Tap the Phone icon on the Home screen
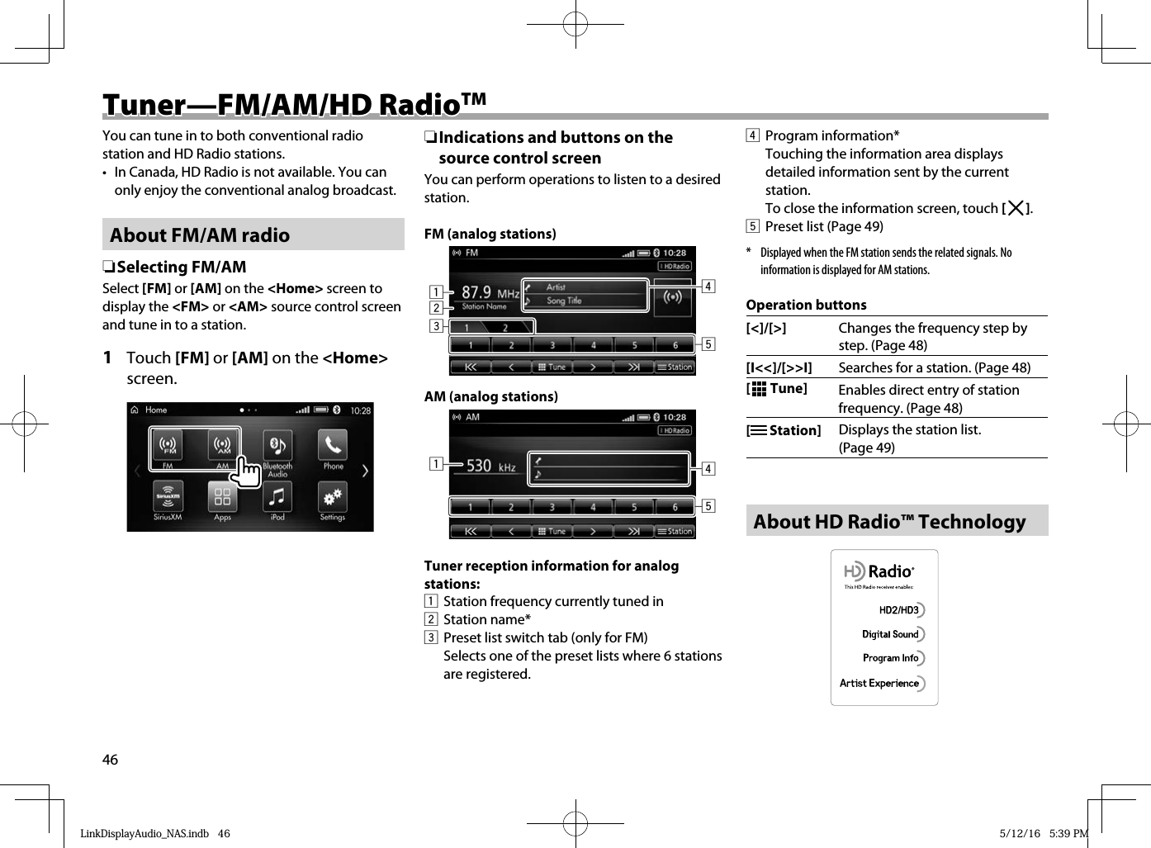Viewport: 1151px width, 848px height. pyautogui.click(x=333, y=446)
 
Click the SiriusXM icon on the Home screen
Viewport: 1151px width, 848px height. pyautogui.click(x=168, y=497)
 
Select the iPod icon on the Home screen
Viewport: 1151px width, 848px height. pyautogui.click(x=277, y=497)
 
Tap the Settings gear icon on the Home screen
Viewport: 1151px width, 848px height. pyautogui.click(x=333, y=497)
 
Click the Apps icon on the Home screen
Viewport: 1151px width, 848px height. pyautogui.click(x=222, y=497)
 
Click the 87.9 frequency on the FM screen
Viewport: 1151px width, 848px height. pyautogui.click(x=476, y=292)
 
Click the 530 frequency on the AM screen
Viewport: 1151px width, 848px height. pyautogui.click(x=479, y=466)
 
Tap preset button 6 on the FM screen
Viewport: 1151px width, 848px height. pyautogui.click(x=675, y=345)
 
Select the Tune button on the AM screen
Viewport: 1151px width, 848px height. pyautogui.click(x=552, y=531)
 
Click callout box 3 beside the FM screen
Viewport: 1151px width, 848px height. pyautogui.click(x=435, y=326)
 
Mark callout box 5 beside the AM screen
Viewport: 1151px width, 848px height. pyautogui.click(x=708, y=505)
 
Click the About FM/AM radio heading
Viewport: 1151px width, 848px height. pyautogui.click(x=200, y=235)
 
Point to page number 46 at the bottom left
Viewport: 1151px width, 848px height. pyautogui.click(x=110, y=760)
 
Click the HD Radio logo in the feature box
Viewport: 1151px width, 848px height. pyautogui.click(x=879, y=571)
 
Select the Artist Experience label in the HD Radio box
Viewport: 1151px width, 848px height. pyautogui.click(x=879, y=684)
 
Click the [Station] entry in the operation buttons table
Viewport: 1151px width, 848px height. pyautogui.click(x=784, y=430)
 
